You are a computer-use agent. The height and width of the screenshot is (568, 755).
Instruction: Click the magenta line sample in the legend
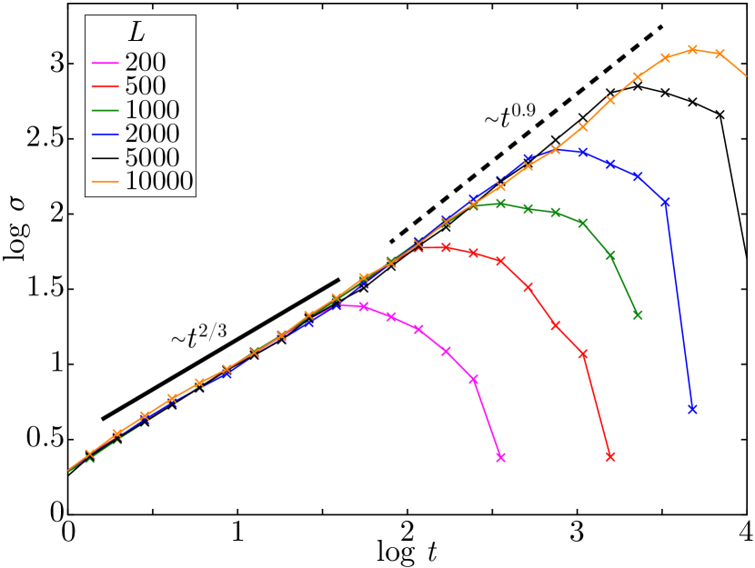click(105, 64)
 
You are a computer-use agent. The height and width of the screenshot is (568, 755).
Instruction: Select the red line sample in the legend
click(105, 87)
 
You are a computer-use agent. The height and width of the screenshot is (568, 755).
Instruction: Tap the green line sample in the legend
click(105, 111)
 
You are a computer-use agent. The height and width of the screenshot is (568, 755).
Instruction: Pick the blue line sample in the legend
click(105, 135)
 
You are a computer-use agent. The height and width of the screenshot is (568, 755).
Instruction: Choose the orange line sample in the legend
click(105, 182)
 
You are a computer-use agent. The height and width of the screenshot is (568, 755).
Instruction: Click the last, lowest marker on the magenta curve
click(500, 457)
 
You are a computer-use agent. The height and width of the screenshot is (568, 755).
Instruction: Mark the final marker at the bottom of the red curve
click(610, 457)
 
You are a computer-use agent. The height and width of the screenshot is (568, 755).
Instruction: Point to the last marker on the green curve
click(638, 315)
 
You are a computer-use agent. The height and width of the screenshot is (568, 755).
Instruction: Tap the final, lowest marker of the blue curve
click(692, 409)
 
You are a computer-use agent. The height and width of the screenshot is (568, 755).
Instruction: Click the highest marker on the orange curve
click(692, 50)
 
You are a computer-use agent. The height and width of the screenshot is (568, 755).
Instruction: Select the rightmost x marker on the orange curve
click(720, 54)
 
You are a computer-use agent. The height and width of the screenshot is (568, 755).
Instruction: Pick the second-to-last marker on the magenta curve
click(474, 379)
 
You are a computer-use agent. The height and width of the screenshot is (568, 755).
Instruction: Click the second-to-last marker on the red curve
click(583, 354)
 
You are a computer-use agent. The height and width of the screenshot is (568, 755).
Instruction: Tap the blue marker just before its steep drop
click(665, 202)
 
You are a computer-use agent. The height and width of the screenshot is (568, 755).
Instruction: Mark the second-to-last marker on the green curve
click(610, 256)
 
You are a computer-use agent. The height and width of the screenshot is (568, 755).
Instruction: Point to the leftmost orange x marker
click(89, 453)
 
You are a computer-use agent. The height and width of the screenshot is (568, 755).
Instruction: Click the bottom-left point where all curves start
click(69, 470)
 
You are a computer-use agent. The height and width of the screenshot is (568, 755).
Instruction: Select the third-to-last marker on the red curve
click(556, 324)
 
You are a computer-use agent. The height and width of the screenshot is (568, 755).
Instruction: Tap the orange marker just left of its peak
click(665, 57)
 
